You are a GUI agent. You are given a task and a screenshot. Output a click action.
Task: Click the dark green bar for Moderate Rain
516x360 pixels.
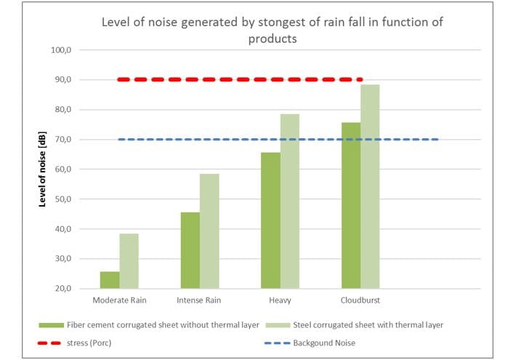click(110, 280)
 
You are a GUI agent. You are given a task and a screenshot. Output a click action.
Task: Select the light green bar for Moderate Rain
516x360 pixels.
click(129, 261)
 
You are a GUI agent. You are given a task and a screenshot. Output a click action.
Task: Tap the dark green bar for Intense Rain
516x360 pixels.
click(190, 250)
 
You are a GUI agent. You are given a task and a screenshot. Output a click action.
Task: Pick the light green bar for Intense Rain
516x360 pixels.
click(209, 231)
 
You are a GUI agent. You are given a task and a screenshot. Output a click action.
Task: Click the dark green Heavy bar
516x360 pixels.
click(270, 220)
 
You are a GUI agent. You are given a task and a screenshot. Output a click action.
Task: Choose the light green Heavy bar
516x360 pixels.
click(290, 201)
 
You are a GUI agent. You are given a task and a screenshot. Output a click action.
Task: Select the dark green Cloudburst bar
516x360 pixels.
click(351, 206)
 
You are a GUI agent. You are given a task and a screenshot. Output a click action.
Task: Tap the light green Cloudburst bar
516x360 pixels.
click(370, 186)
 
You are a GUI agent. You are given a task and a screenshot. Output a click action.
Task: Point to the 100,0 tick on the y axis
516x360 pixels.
click(61, 50)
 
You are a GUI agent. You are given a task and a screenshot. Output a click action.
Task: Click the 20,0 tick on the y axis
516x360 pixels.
click(63, 289)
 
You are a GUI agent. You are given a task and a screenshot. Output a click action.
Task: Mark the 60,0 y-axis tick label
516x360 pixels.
click(63, 169)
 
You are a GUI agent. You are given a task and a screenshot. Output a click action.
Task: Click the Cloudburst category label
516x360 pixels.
click(360, 300)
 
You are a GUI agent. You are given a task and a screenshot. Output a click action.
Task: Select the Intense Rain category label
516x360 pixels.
click(198, 300)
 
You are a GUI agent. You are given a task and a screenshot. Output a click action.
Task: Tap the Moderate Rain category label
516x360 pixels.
click(119, 300)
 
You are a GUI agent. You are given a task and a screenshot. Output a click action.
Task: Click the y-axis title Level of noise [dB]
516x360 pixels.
click(42, 169)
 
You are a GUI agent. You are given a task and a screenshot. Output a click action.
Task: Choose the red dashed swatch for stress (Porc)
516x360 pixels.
click(49, 343)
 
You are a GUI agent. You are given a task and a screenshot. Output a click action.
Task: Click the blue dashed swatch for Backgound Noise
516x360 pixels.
click(277, 343)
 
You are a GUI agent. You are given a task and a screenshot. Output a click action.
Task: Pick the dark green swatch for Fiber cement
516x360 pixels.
click(51, 325)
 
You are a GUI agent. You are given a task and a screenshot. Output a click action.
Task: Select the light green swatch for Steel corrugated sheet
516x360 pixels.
click(278, 325)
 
